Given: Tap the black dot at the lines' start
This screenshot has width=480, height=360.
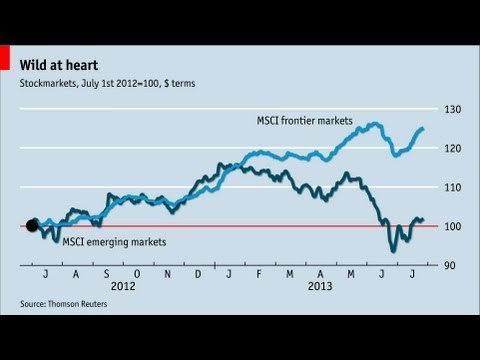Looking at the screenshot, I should [31, 225].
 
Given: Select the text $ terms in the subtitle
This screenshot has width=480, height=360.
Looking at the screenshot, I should [182, 83].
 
